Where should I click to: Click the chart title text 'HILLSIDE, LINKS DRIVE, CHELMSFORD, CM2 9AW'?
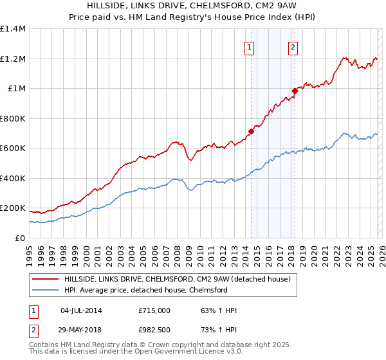point(193,6)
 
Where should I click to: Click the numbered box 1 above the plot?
point(249,46)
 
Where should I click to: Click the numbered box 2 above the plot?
point(293,46)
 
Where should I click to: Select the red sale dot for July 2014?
point(250,132)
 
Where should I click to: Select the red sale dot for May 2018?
point(295,91)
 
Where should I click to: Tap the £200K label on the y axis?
point(13,208)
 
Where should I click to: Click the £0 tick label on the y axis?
point(19,239)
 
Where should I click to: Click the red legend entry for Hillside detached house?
point(178,279)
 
